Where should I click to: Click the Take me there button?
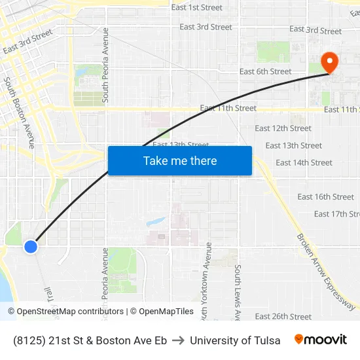click(180, 160)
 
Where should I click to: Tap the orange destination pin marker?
click(329, 63)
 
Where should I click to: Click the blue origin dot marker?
click(31, 246)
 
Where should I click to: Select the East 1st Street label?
click(197, 8)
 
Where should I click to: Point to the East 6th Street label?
click(265, 71)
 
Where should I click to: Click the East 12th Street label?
click(283, 128)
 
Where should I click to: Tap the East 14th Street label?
click(304, 162)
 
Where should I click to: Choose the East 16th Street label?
click(325, 196)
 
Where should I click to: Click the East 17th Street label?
click(336, 214)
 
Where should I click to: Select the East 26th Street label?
click(283, 316)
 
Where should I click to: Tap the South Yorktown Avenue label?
click(208, 278)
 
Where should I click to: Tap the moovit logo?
click(320, 340)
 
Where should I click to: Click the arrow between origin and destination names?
click(178, 340)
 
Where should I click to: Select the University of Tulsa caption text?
click(235, 340)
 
